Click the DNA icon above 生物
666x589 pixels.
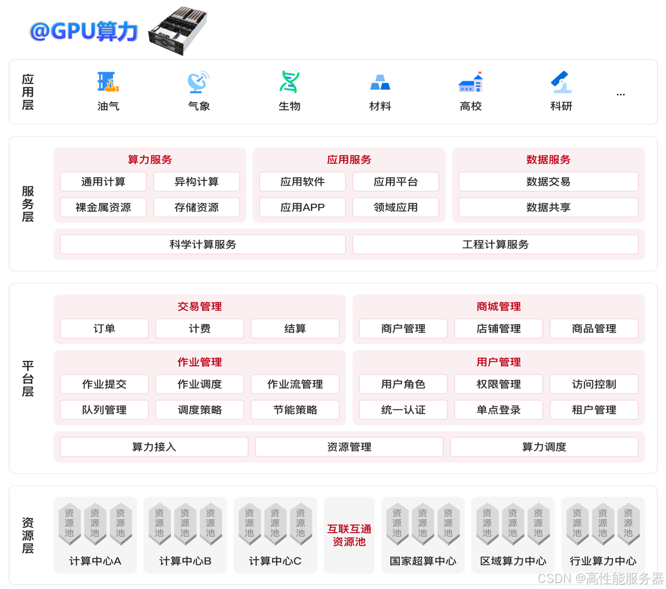coord(289,82)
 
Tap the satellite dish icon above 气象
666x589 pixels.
coord(199,82)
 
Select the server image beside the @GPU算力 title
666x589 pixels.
coord(178,31)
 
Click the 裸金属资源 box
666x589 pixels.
coord(103,207)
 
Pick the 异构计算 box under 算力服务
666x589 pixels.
coord(197,182)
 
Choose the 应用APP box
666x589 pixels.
coord(302,207)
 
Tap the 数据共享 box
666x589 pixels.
coord(548,207)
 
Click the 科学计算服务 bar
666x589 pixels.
coord(203,245)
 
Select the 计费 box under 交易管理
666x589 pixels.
coord(200,329)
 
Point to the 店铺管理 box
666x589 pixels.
coord(498,329)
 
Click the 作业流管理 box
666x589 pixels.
coord(295,384)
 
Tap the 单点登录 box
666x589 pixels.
coord(498,410)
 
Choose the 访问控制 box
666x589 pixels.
coord(594,384)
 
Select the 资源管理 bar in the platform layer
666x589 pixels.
coord(349,447)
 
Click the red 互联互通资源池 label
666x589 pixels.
coord(349,535)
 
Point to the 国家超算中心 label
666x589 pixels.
coord(423,561)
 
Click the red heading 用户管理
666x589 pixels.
coord(498,362)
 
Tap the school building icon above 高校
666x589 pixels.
coord(471,82)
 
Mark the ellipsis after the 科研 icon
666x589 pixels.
coord(621,94)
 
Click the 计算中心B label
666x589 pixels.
coord(185,561)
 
